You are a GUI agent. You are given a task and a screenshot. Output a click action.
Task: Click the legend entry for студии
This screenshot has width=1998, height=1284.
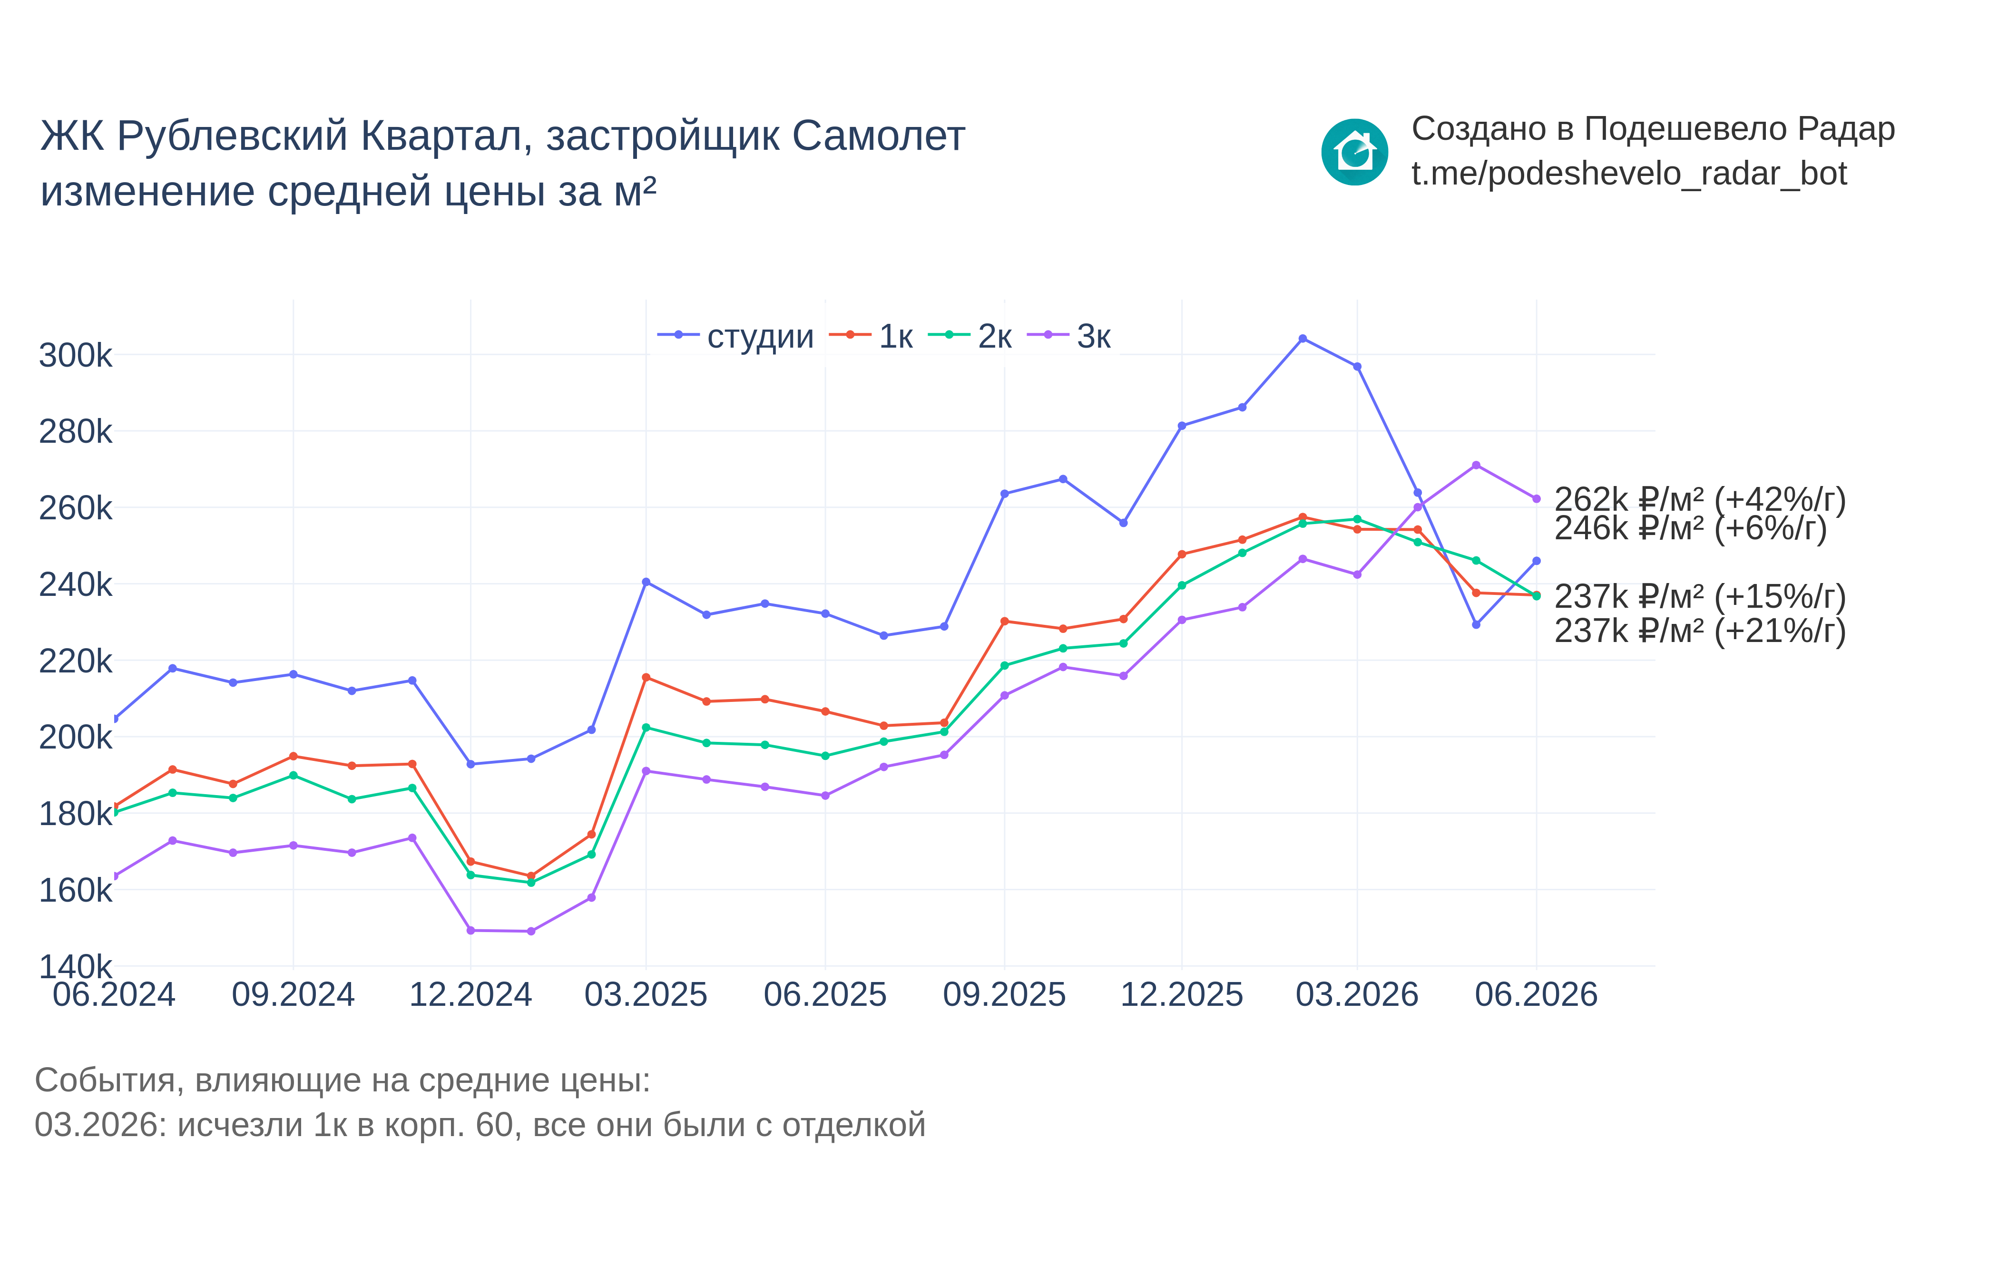735,336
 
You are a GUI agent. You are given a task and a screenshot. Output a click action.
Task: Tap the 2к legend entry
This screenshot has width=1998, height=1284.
970,336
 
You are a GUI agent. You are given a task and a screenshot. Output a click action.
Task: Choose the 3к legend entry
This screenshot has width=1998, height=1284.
1069,336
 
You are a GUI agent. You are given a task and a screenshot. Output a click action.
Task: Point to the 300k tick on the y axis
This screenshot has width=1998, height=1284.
75,355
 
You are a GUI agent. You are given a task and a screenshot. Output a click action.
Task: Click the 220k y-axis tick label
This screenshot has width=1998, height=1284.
75,661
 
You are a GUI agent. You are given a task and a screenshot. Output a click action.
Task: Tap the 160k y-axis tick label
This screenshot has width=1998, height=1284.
75,890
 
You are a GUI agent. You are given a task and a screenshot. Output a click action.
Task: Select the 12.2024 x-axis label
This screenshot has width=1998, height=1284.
470,995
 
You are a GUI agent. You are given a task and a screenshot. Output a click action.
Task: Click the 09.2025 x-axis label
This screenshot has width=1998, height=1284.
1004,995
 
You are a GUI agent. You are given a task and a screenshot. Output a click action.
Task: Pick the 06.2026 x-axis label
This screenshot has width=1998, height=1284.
1536,995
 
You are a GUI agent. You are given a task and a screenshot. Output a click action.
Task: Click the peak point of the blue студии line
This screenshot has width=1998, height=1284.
1303,339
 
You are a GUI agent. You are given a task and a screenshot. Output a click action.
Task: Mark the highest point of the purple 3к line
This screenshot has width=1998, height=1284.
1476,465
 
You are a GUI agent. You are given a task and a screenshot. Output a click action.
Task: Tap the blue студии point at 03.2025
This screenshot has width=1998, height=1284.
646,582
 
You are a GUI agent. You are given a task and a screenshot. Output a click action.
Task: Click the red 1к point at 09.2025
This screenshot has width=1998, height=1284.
1004,621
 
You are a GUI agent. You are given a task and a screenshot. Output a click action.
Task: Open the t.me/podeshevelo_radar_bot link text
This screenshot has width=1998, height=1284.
1628,174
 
